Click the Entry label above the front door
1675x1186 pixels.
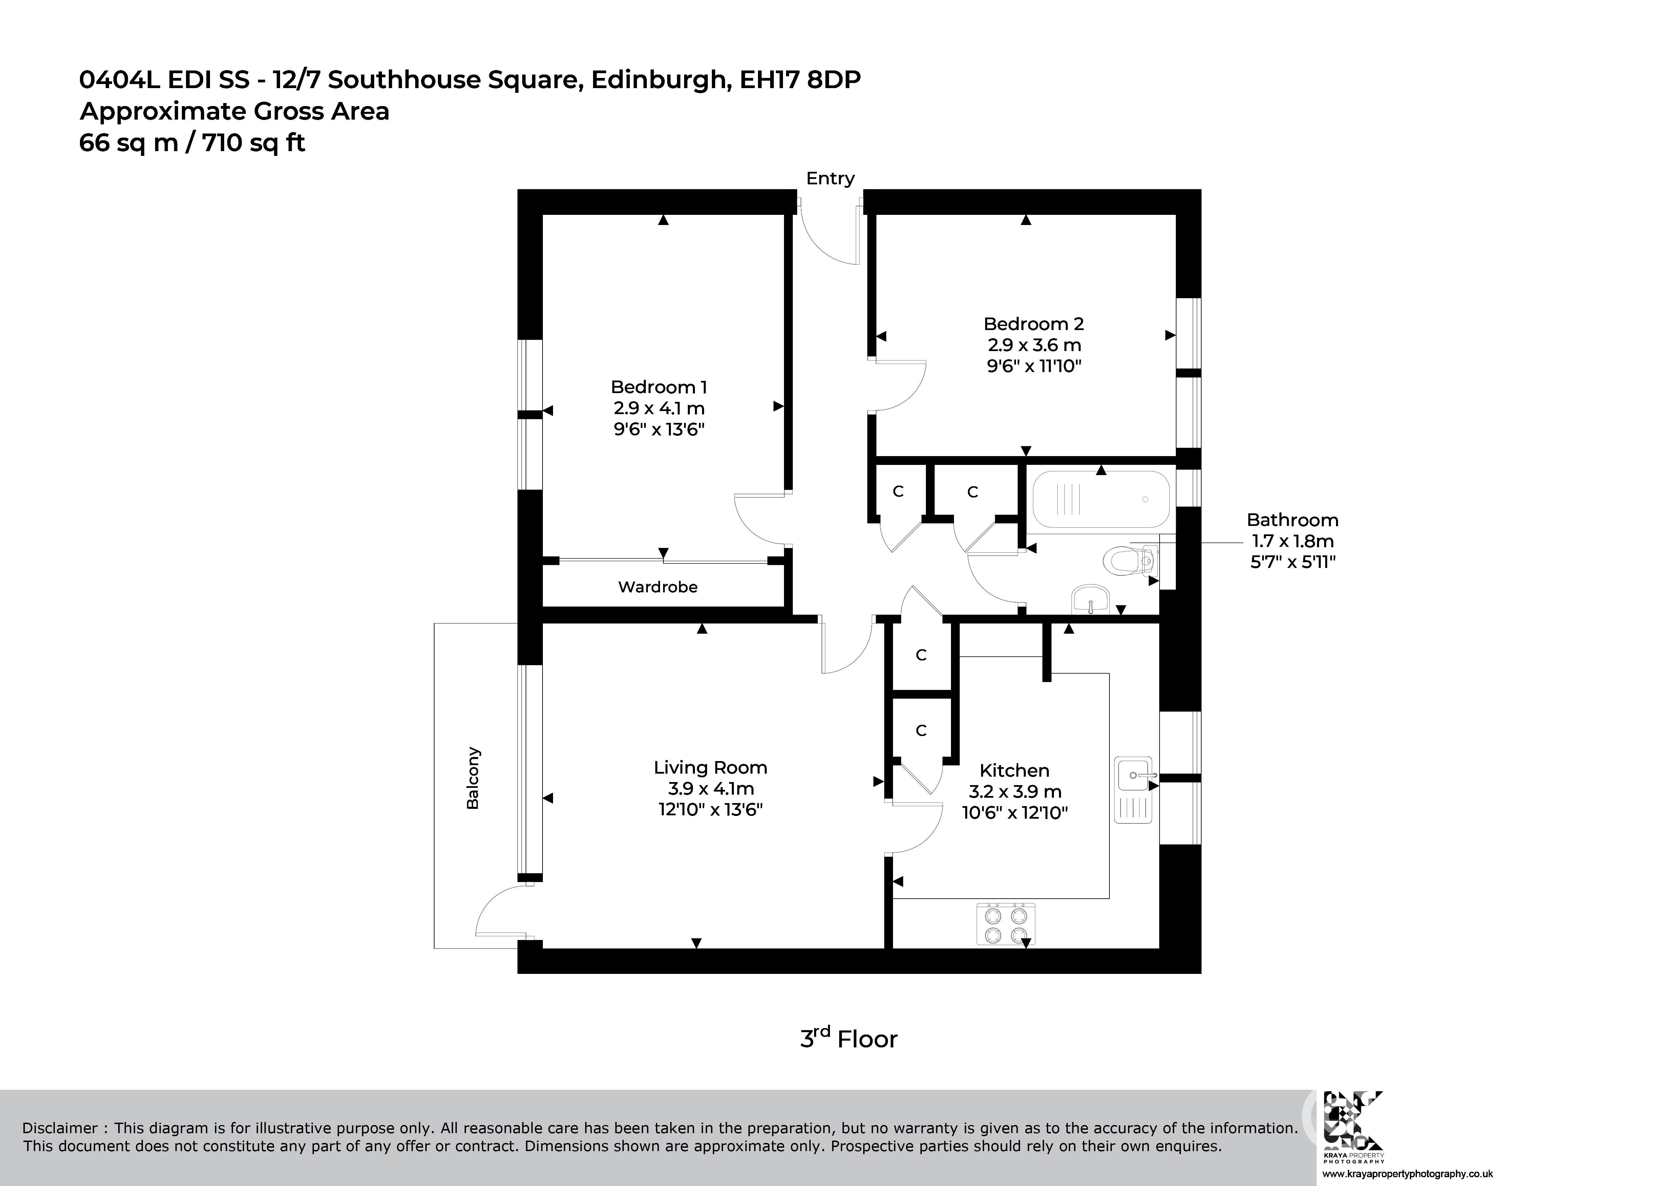(830, 178)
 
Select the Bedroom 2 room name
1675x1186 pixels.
(1034, 324)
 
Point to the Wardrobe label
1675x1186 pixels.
(658, 587)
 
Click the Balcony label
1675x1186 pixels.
(473, 778)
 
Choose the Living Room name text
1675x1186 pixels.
(710, 768)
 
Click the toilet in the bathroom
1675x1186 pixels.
(1129, 561)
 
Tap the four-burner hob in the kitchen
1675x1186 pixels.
(1006, 924)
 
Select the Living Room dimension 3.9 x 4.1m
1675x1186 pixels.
(710, 789)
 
